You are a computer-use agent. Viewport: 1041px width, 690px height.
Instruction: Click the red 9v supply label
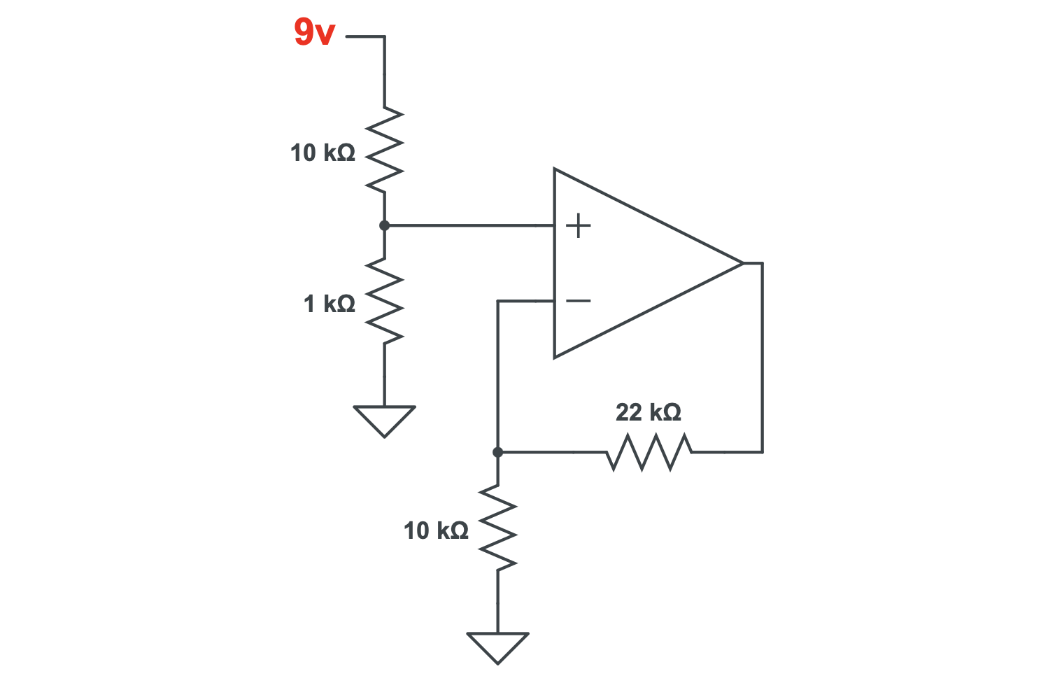(314, 33)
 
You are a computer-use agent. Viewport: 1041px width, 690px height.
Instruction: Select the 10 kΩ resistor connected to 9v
(384, 150)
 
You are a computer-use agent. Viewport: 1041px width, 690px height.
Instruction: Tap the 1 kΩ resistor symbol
(384, 300)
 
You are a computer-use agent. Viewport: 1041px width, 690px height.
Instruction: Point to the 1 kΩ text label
(329, 304)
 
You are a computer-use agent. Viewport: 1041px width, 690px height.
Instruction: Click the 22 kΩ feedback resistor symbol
(649, 452)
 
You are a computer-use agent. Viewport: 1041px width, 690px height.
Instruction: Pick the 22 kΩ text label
(648, 412)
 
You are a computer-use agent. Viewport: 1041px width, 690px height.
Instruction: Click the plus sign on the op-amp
(579, 226)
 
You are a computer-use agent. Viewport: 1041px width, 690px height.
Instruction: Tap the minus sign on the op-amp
(579, 301)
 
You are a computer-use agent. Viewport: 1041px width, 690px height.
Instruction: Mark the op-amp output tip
(742, 263)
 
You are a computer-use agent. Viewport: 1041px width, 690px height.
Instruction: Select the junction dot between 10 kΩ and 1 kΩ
(384, 225)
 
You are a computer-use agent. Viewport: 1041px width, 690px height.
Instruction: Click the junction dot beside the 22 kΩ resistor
(497, 452)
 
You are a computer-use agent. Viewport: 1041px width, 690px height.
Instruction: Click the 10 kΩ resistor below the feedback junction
(497, 528)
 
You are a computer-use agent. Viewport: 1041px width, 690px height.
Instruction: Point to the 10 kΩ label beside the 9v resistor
(323, 153)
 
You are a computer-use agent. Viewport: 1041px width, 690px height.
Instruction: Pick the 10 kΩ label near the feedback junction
(435, 530)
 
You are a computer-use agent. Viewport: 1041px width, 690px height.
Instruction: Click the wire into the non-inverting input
(469, 225)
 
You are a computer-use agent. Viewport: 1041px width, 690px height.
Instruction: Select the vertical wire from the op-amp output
(762, 357)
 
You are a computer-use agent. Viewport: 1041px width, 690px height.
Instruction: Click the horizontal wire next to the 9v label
(364, 36)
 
